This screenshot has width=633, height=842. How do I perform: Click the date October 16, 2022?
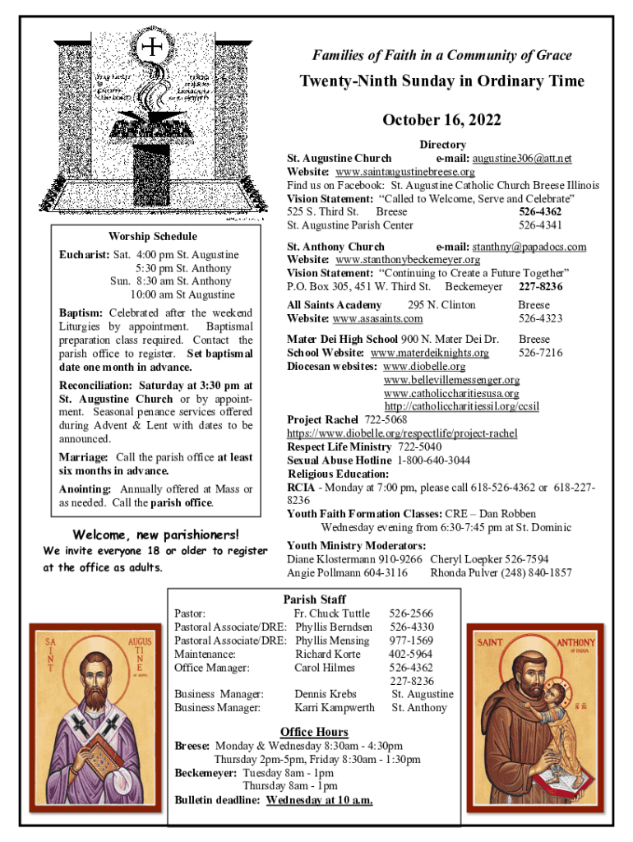(x=441, y=121)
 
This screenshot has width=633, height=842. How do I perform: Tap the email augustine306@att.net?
(x=526, y=158)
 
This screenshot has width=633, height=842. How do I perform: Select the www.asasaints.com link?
(x=377, y=318)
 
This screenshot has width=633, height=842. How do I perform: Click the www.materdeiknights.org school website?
(x=429, y=353)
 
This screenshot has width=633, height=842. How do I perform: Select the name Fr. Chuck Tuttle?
(x=332, y=613)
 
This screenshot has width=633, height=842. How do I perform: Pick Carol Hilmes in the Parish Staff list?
(x=325, y=668)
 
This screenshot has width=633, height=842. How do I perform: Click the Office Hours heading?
(x=314, y=732)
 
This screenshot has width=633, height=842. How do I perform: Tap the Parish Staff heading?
(x=314, y=599)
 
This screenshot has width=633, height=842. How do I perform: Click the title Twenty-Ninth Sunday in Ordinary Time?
(x=441, y=81)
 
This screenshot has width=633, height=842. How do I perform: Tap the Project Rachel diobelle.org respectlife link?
(x=401, y=433)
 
